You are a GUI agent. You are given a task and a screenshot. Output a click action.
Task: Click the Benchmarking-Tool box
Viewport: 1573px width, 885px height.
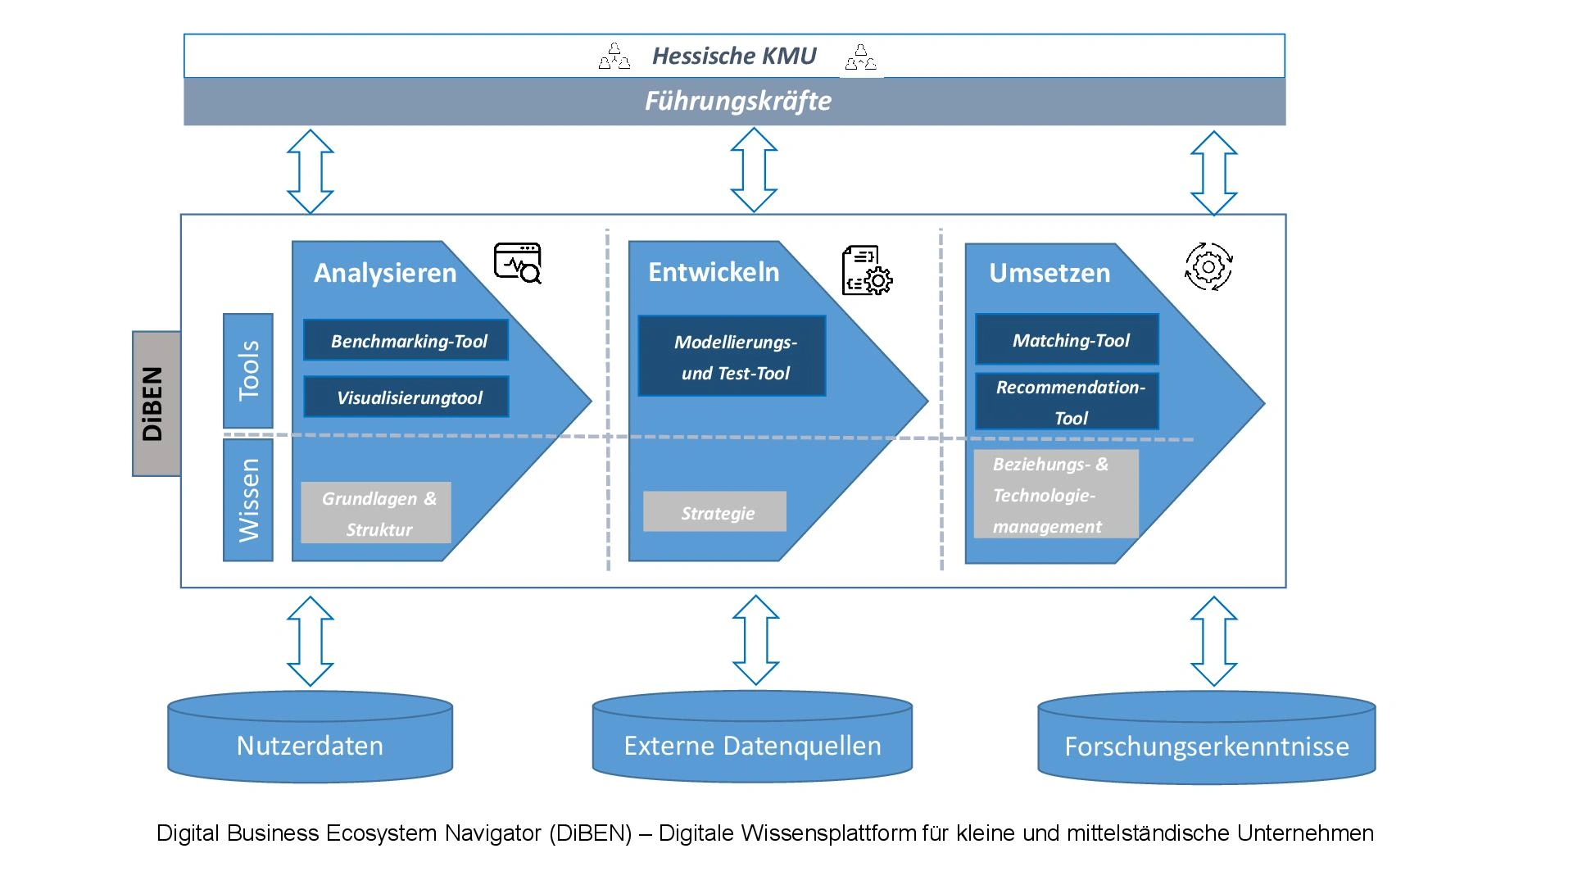(x=406, y=340)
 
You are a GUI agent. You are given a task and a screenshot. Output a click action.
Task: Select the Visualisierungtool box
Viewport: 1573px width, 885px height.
(x=406, y=397)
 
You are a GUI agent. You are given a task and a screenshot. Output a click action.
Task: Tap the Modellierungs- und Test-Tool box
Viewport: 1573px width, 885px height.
(x=732, y=356)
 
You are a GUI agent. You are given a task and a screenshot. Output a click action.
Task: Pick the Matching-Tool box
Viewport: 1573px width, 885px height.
(x=1067, y=339)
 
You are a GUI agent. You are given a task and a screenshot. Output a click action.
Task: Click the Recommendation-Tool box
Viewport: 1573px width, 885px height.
(x=1067, y=402)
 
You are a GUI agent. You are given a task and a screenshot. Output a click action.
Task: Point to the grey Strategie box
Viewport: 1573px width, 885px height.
(x=714, y=512)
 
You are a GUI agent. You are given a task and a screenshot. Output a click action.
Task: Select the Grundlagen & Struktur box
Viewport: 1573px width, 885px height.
(x=376, y=513)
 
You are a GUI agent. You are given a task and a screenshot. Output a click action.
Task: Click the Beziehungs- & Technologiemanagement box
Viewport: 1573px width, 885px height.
(x=1055, y=494)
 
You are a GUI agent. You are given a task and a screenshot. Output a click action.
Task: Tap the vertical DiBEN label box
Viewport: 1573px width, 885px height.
(x=156, y=403)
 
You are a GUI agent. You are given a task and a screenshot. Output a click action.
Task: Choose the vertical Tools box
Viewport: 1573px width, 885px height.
(x=247, y=370)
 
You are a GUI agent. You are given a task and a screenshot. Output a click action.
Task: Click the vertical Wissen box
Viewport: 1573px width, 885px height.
(x=247, y=500)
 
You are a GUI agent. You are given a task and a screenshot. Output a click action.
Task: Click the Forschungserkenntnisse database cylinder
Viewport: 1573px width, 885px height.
(x=1206, y=741)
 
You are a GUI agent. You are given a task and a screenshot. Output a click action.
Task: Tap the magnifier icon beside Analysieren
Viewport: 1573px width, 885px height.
(x=518, y=263)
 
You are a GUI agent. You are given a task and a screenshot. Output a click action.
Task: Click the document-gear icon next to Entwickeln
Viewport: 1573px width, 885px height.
(x=867, y=270)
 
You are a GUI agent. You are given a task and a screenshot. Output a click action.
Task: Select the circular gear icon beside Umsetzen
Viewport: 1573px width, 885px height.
(x=1208, y=266)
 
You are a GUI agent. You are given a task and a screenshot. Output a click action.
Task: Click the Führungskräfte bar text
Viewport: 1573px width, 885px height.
(x=737, y=102)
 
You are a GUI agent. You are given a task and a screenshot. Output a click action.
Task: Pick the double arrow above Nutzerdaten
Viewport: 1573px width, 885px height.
(x=311, y=641)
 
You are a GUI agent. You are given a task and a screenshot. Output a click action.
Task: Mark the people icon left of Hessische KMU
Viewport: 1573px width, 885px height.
(x=614, y=57)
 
